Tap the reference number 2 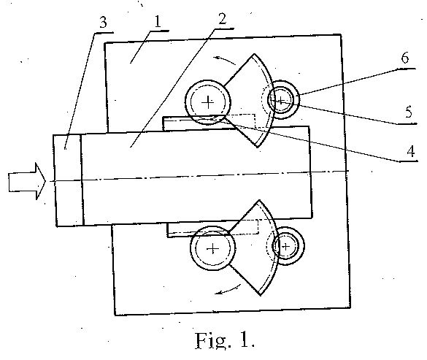(x=222, y=19)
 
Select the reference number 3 (x=103, y=23)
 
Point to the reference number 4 (x=411, y=151)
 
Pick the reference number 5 (x=409, y=112)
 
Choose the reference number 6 (x=405, y=58)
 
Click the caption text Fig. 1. (x=225, y=340)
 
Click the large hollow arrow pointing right (x=27, y=181)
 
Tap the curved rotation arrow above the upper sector (x=224, y=60)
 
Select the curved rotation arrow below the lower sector (x=228, y=290)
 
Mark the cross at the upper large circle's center (x=208, y=102)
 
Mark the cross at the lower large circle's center (x=213, y=248)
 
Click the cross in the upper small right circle (x=280, y=100)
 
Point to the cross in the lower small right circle (x=285, y=247)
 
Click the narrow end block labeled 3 (x=68, y=180)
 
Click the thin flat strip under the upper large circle (x=199, y=123)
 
